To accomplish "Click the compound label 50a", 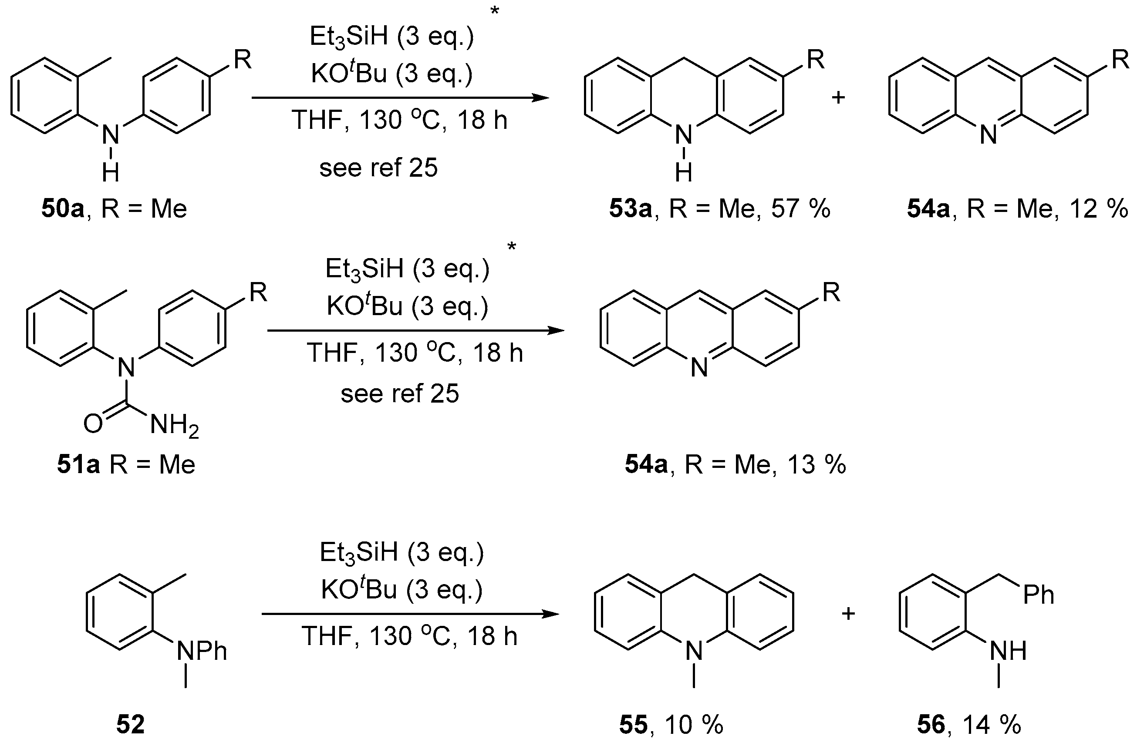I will point(63,209).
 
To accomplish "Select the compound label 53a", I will point(630,209).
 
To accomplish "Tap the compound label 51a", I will point(78,464).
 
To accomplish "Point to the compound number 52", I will point(130,725).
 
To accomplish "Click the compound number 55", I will point(634,725).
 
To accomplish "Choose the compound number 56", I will point(931,725).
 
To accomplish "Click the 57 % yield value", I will point(801,209).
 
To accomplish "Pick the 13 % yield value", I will point(816,464).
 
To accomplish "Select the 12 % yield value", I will point(1099,209).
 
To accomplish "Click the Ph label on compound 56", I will point(1038,595).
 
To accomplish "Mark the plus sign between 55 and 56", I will point(848,614).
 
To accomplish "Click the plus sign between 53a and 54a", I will point(838,98).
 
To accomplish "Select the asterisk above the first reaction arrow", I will point(495,10).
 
